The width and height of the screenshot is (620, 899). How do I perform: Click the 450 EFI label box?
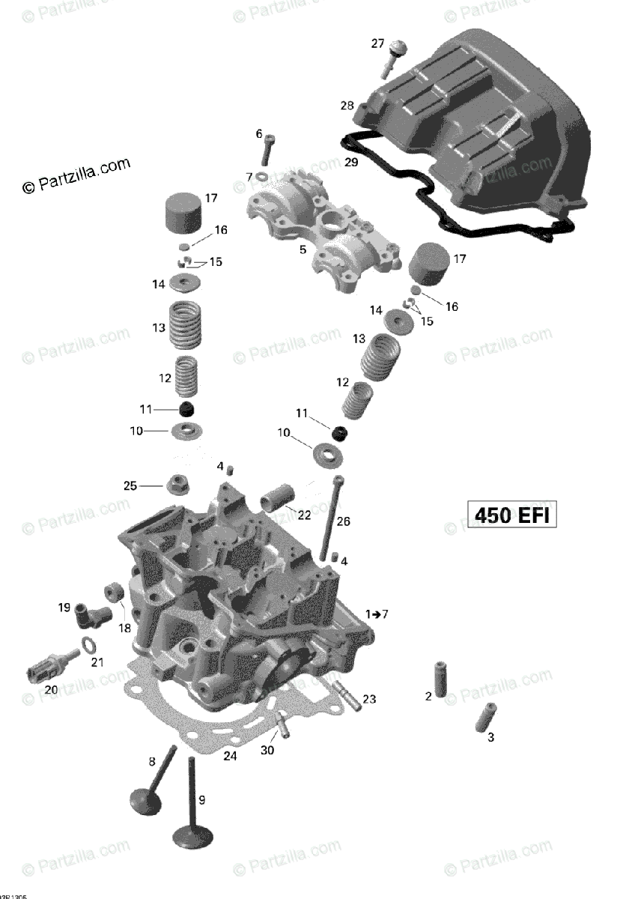[x=513, y=515]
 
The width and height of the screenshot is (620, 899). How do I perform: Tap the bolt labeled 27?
[x=394, y=57]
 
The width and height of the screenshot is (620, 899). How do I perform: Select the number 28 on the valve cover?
[x=347, y=106]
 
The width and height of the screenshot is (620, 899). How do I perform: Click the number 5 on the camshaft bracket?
[x=303, y=249]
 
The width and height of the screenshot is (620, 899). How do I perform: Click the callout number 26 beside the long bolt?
[x=343, y=521]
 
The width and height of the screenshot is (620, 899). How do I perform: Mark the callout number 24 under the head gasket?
[x=230, y=757]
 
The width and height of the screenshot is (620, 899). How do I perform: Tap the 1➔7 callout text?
[x=377, y=614]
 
